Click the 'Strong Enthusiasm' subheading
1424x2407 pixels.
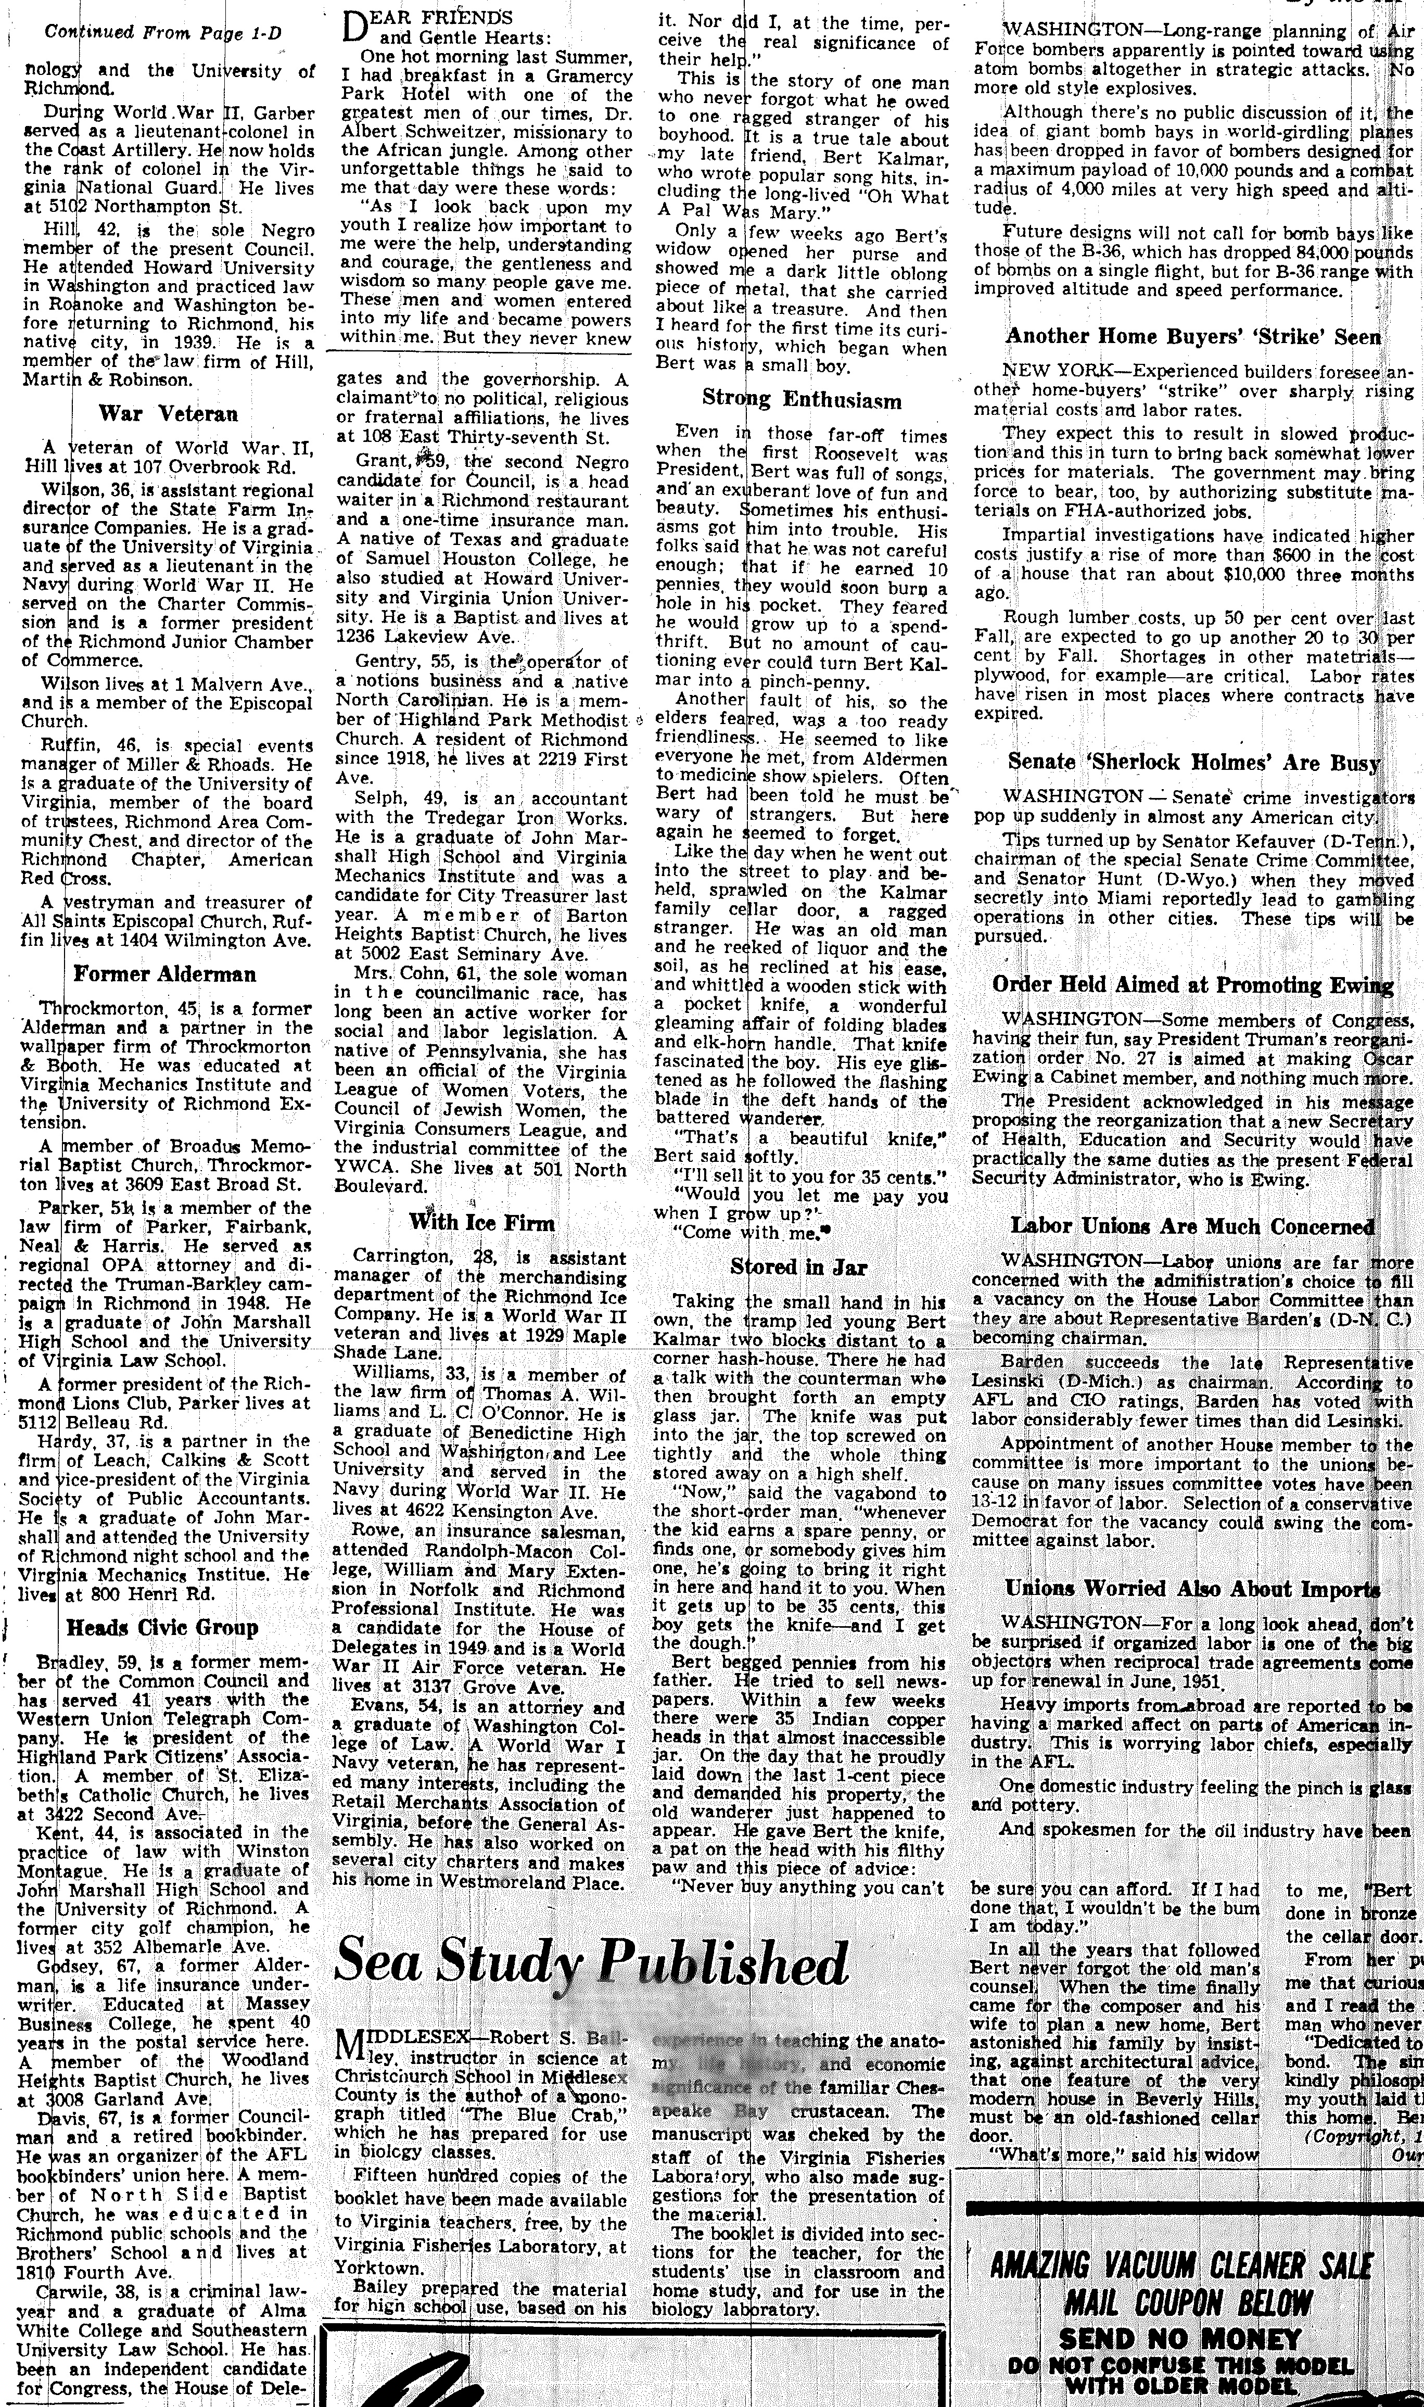801,399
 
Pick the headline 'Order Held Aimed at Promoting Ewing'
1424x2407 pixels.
1193,985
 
